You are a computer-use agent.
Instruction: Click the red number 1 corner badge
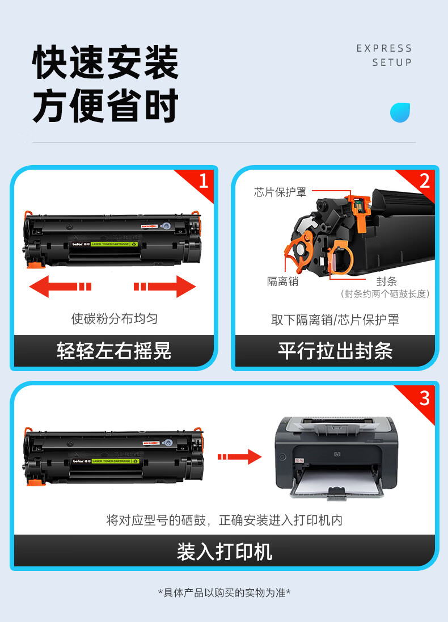pyautogui.click(x=202, y=181)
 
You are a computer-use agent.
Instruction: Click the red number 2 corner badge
pyautogui.click(x=423, y=181)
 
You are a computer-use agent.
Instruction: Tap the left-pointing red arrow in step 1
pyautogui.click(x=60, y=286)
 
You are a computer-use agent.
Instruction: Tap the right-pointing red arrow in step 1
pyautogui.click(x=165, y=286)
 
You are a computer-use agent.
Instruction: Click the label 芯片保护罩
pyautogui.click(x=280, y=192)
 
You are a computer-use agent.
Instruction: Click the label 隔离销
pyautogui.click(x=282, y=281)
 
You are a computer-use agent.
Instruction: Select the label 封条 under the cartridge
pyautogui.click(x=387, y=281)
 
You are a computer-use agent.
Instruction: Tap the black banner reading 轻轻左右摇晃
pyautogui.click(x=114, y=351)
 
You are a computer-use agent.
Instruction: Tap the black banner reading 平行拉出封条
pyautogui.click(x=335, y=351)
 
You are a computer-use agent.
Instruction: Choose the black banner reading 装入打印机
pyautogui.click(x=224, y=551)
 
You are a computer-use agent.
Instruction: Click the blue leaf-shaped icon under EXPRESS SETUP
pyautogui.click(x=400, y=113)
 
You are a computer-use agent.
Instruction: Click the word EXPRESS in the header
pyautogui.click(x=384, y=48)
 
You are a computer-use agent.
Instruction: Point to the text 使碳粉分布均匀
pyautogui.click(x=114, y=318)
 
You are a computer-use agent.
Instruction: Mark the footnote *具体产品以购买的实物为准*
pyautogui.click(x=224, y=593)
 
